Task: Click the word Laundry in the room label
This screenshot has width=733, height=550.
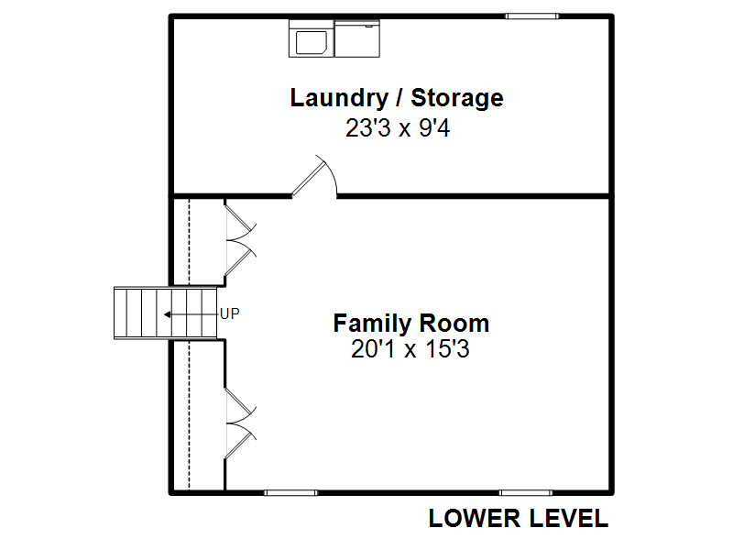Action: pos(339,99)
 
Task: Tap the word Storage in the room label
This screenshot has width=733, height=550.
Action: pos(457,98)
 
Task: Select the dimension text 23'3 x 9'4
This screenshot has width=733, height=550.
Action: pos(398,127)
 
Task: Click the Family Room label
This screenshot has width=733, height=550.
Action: pos(411,324)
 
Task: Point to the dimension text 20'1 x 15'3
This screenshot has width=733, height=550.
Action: pos(410,349)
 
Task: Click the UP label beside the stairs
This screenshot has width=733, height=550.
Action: pos(230,313)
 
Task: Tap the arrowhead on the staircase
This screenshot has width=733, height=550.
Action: pos(167,314)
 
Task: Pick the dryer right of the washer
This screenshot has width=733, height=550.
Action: pos(357,38)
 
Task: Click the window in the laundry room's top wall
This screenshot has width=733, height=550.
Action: pos(532,16)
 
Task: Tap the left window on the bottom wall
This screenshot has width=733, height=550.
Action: pos(290,493)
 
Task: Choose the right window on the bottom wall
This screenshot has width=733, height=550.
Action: pos(526,493)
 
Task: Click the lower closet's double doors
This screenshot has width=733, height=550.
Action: pos(241,423)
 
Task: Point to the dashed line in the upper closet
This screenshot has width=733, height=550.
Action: pos(190,241)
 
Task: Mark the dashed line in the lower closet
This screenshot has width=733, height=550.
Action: pos(190,416)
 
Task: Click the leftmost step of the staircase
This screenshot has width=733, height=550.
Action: pos(121,313)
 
